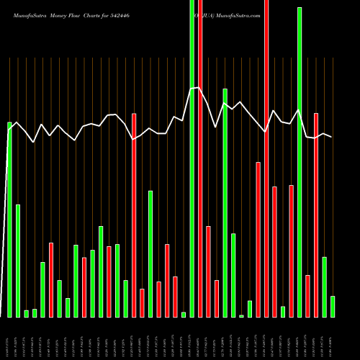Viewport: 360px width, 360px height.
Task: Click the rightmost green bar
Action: point(333,306)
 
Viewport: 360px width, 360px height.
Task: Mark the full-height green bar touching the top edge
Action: point(192,158)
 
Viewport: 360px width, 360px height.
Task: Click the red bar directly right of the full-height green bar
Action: point(200,158)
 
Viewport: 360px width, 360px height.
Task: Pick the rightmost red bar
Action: point(316,215)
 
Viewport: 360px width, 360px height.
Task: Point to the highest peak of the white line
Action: point(197,87)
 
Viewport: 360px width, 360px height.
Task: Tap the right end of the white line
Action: point(332,137)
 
